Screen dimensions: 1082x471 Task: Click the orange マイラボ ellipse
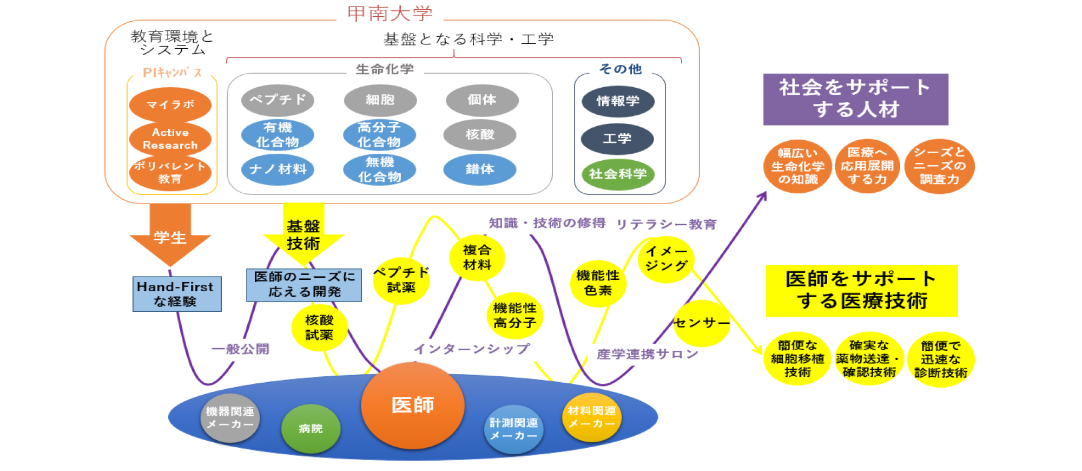(x=170, y=104)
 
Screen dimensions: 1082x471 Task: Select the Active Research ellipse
(x=170, y=139)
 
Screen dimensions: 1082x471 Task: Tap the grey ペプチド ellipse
(x=278, y=100)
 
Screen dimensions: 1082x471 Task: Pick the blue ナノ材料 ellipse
(x=278, y=169)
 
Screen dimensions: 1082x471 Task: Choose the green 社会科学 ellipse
(x=618, y=174)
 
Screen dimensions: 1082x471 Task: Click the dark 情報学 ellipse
(x=618, y=101)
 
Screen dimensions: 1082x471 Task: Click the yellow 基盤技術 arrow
(x=304, y=235)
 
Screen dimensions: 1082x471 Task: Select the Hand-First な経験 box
(x=177, y=294)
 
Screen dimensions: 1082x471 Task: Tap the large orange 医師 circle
(x=413, y=405)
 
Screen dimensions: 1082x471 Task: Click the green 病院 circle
(x=311, y=429)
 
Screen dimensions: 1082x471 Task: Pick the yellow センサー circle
(x=702, y=323)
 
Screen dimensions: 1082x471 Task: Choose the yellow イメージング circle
(x=666, y=259)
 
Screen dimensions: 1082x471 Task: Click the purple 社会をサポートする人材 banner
(x=856, y=99)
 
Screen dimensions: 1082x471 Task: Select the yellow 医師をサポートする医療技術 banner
(x=862, y=291)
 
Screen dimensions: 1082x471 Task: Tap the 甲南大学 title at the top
(x=390, y=14)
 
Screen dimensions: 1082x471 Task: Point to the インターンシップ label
(x=472, y=349)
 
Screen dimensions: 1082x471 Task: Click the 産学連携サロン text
(x=648, y=354)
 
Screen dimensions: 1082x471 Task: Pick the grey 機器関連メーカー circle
(x=230, y=418)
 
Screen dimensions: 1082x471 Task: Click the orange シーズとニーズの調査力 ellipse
(x=939, y=166)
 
